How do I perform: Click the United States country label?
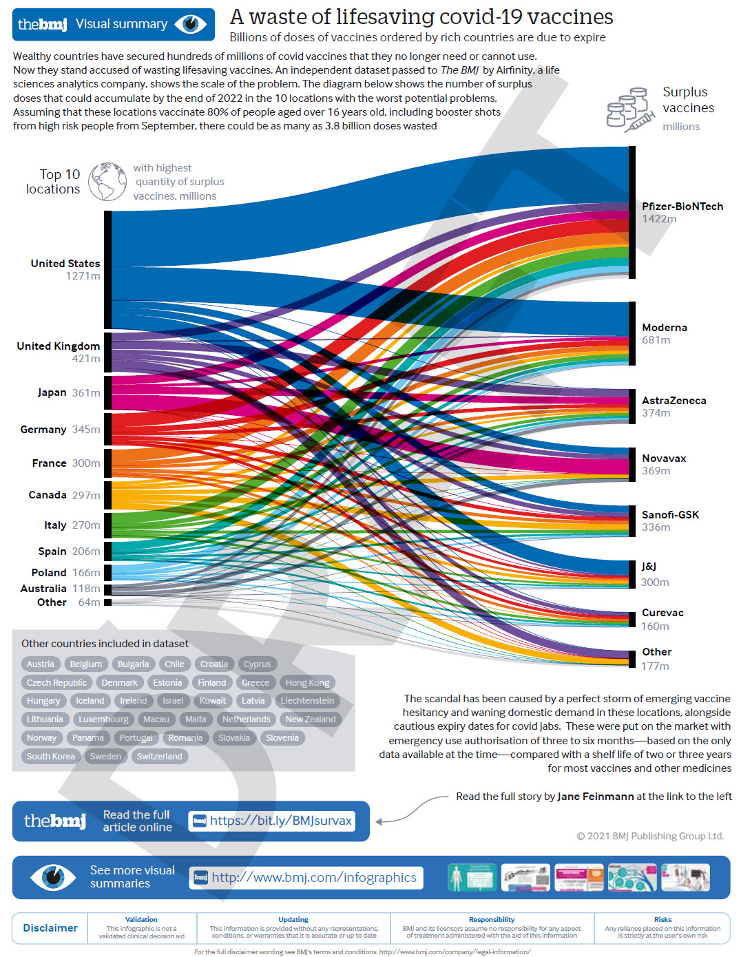pyautogui.click(x=65, y=263)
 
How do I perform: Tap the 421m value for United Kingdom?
pyautogui.click(x=86, y=358)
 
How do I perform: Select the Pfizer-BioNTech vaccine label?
pyautogui.click(x=682, y=206)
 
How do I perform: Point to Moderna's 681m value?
pyautogui.click(x=656, y=339)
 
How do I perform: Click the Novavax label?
pyautogui.click(x=664, y=458)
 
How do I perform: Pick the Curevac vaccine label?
pyautogui.click(x=662, y=612)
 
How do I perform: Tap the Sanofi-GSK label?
pyautogui.click(x=670, y=514)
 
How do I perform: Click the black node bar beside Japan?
pyautogui.click(x=107, y=393)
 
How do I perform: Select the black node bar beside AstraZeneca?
pyautogui.click(x=632, y=406)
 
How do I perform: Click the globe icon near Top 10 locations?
pyautogui.click(x=107, y=182)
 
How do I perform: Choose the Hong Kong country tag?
pyautogui.click(x=307, y=682)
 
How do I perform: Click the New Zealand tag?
pyautogui.click(x=311, y=719)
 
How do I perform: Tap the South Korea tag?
pyautogui.click(x=50, y=756)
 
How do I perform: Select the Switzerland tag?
pyautogui.click(x=159, y=756)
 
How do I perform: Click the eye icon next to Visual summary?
pyautogui.click(x=191, y=24)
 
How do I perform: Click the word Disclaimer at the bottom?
pyautogui.click(x=50, y=928)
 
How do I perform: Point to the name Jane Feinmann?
pyautogui.click(x=595, y=796)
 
